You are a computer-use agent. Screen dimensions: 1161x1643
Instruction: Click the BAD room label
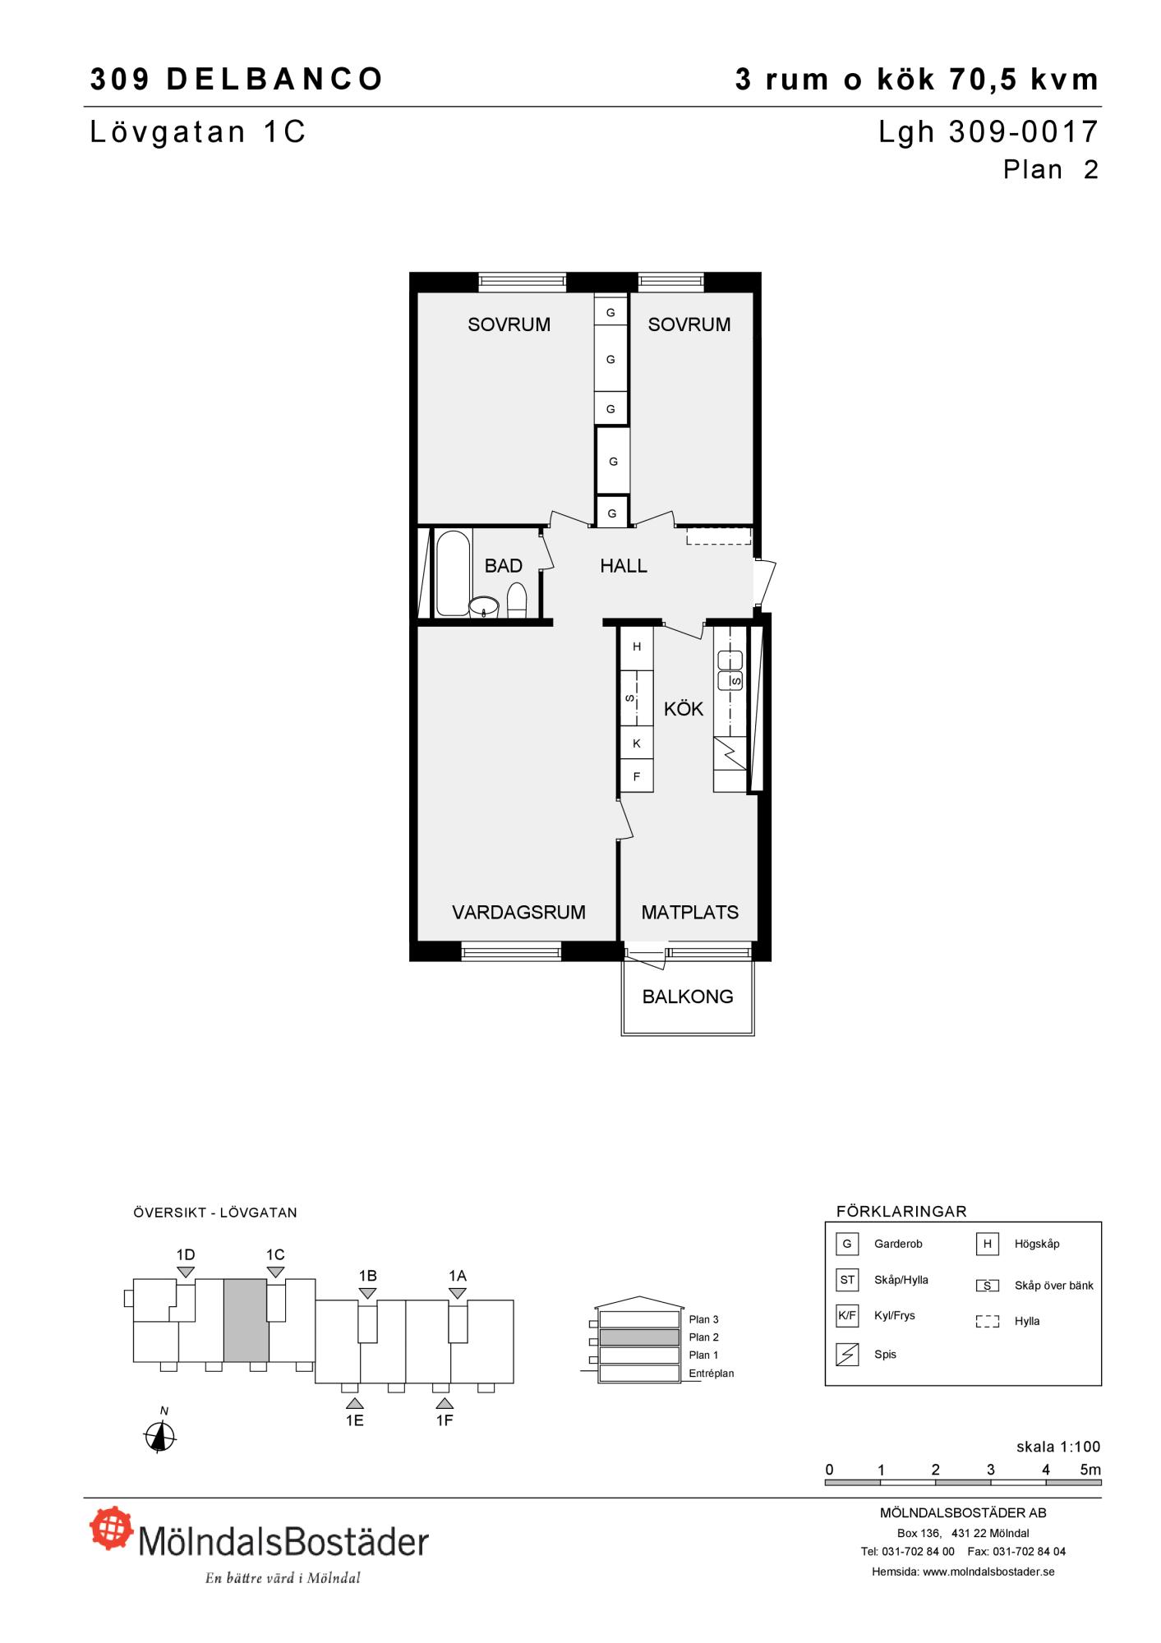tap(503, 566)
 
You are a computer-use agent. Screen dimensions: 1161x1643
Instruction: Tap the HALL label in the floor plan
tap(624, 566)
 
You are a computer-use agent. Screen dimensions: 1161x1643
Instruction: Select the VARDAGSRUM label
tap(518, 912)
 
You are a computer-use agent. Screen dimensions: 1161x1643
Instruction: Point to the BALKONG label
tap(688, 996)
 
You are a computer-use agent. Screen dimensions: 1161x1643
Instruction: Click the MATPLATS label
tap(689, 912)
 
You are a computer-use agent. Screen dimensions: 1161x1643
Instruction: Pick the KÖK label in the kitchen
tap(684, 708)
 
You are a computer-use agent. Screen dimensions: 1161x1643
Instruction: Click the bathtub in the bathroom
tap(453, 573)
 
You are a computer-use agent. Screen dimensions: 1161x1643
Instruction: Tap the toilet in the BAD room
tap(517, 600)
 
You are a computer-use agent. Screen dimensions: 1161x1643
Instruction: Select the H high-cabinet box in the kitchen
tap(637, 647)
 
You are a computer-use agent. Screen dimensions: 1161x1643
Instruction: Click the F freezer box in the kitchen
tap(637, 775)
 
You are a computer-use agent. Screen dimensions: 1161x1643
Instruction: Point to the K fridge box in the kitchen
tap(637, 743)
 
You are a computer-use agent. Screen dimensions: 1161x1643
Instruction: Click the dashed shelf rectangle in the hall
tap(719, 536)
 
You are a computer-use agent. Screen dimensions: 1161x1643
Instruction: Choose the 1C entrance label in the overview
tap(275, 1254)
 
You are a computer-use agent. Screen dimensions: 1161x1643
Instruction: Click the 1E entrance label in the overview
tap(354, 1420)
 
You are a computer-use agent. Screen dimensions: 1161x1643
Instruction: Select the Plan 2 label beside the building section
tap(704, 1337)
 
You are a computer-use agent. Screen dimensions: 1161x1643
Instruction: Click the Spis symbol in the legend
tap(847, 1355)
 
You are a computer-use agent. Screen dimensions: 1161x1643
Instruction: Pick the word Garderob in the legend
tap(898, 1244)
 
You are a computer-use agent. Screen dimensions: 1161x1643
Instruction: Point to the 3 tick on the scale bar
tap(991, 1470)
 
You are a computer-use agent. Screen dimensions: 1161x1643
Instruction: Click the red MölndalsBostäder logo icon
tap(112, 1527)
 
